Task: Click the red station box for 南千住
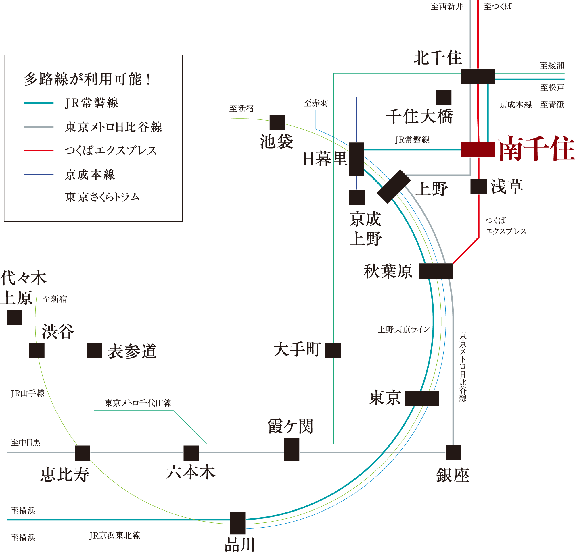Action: click(x=478, y=150)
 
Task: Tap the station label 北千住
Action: click(x=437, y=58)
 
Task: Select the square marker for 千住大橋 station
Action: click(x=444, y=97)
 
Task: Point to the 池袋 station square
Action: click(x=277, y=122)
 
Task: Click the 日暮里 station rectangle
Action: click(x=356, y=159)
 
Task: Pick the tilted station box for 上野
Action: click(x=394, y=187)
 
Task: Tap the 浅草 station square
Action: click(x=479, y=187)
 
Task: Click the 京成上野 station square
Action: click(x=357, y=197)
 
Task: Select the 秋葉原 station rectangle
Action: click(x=436, y=271)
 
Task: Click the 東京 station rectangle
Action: click(x=422, y=398)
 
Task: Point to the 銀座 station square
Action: click(x=453, y=452)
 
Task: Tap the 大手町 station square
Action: click(x=333, y=350)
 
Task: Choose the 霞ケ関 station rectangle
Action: click(x=292, y=449)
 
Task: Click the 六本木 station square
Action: click(x=191, y=453)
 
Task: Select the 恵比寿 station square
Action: click(x=83, y=453)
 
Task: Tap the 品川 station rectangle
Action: click(x=238, y=523)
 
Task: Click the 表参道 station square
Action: click(x=95, y=350)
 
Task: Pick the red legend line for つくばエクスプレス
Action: click(x=39, y=150)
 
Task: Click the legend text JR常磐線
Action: click(x=91, y=103)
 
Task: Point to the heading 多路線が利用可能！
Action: click(x=87, y=79)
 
